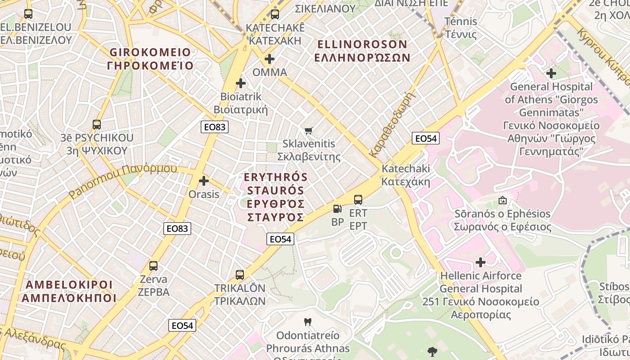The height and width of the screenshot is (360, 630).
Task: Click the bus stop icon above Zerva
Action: pos(153,265)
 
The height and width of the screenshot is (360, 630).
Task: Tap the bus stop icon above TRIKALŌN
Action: pos(240,274)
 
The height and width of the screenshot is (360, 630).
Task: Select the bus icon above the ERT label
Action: pos(358,199)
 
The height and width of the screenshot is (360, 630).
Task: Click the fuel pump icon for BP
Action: pos(337,209)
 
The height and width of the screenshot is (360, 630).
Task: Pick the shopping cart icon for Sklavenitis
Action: pos(308,130)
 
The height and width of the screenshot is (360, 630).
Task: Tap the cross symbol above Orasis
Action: pos(204,181)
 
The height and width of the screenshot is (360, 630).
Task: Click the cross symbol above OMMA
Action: pos(270,59)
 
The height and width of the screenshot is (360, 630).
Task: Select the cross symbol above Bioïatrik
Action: pos(241,83)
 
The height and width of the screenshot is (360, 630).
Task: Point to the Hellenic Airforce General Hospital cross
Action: pos(481,262)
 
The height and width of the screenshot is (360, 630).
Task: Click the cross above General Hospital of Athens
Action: pos(551,73)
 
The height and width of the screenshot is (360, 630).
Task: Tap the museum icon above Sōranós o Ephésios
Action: pos(502,200)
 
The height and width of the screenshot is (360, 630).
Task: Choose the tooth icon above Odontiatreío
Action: pos(308,322)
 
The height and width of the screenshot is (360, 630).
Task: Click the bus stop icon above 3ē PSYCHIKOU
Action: pos(96,124)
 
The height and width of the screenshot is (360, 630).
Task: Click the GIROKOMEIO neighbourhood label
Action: pos(150,59)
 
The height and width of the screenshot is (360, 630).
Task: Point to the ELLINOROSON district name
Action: pos(362,51)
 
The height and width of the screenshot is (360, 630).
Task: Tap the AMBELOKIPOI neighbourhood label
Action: pos(69,291)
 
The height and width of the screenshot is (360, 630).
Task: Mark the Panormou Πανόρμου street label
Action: pos(122,180)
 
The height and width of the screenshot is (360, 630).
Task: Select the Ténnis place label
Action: pos(460,27)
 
